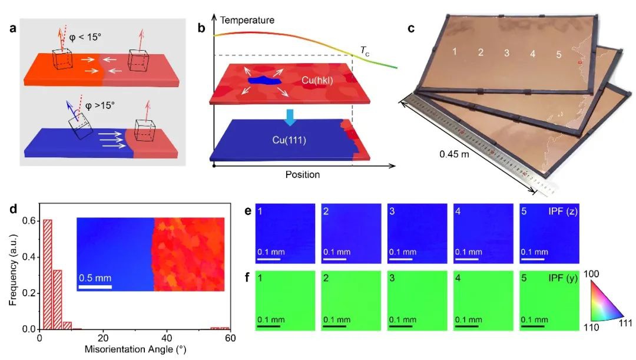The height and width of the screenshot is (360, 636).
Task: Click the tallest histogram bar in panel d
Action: click(47, 274)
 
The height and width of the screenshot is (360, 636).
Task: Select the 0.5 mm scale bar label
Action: click(95, 278)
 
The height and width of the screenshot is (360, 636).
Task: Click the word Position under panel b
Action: click(302, 175)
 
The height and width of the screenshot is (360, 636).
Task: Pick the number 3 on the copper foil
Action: click(506, 53)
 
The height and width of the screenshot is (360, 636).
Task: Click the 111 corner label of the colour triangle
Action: click(624, 323)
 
